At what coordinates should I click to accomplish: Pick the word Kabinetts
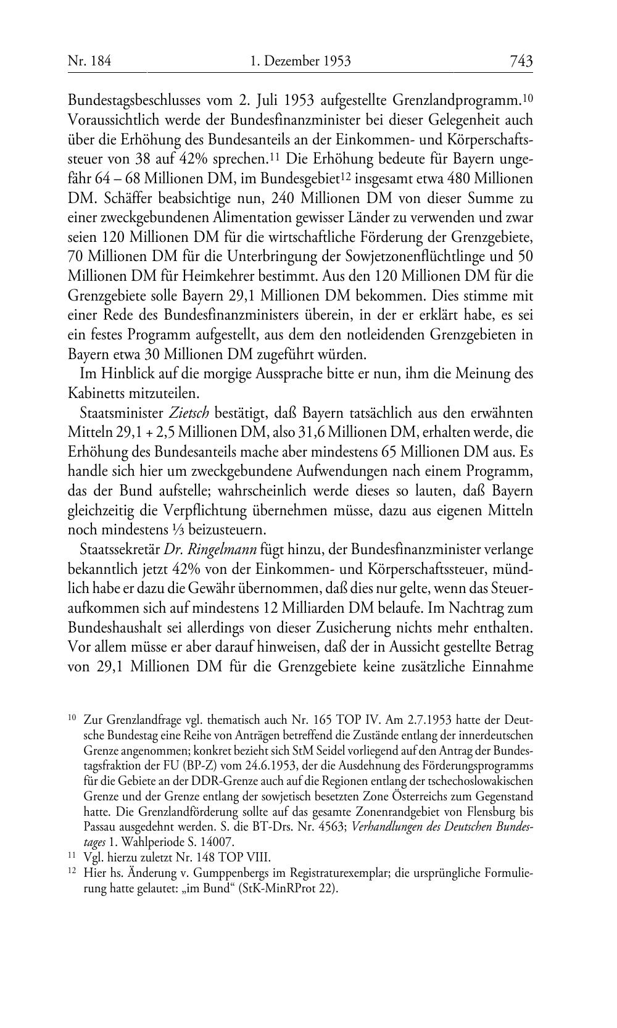click(x=96, y=393)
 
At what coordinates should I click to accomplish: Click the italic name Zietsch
click(x=181, y=413)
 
